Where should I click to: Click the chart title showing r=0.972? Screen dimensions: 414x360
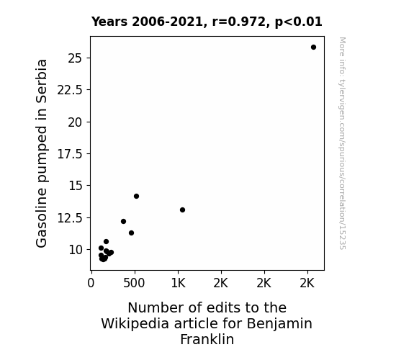(207, 22)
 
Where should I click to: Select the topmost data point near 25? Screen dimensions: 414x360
(313, 48)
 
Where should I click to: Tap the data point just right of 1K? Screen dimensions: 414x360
(182, 210)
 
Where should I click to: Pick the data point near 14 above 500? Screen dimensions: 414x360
(136, 197)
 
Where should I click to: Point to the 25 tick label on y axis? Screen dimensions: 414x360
(76, 58)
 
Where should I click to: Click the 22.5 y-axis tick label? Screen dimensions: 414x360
(70, 90)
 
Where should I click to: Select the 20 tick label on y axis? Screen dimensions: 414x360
(76, 122)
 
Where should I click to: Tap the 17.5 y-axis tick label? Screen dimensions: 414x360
(70, 154)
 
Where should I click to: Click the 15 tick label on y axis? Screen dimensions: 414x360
(76, 186)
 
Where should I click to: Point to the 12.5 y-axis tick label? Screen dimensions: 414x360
(70, 218)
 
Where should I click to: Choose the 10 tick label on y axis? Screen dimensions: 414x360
(76, 250)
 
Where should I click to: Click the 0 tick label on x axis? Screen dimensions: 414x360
(91, 283)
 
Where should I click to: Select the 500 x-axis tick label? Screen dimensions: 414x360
(134, 283)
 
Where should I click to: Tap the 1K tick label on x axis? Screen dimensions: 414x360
(179, 283)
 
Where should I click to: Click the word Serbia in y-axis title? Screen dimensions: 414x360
(42, 81)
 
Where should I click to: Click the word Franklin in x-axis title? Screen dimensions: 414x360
(207, 339)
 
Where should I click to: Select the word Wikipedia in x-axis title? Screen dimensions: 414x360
(135, 324)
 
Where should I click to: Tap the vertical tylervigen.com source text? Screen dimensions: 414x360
(342, 143)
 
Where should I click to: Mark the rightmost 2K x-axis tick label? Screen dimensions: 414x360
(307, 283)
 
